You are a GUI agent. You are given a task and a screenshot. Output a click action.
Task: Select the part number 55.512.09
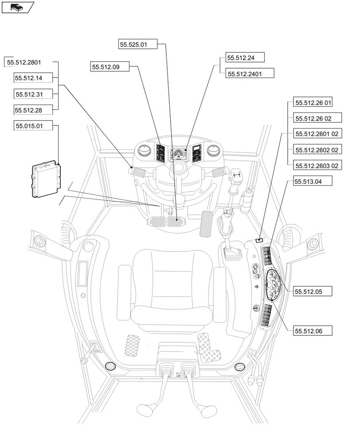tap(109, 67)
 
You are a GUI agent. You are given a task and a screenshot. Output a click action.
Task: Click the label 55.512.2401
tap(250, 73)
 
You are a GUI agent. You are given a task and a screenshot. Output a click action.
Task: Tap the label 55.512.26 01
tap(313, 103)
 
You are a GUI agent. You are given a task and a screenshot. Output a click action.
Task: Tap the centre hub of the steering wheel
tap(180, 167)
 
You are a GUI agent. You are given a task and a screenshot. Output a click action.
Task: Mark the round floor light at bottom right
tap(240, 367)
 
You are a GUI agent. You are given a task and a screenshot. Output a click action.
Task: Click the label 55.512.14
tap(34, 78)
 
